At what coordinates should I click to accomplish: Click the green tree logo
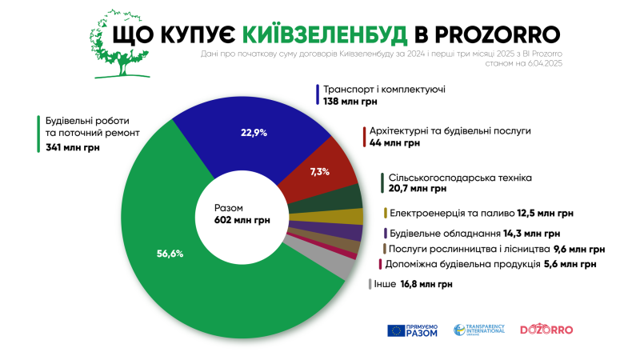pos(122,46)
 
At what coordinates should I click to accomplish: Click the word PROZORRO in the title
pos(496,34)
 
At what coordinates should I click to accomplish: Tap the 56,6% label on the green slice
pos(170,254)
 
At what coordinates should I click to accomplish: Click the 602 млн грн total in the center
pos(242,218)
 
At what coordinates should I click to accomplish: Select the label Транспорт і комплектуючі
pos(383,90)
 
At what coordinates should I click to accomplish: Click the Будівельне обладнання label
pos(441,234)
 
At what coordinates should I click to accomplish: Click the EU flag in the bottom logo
pos(396,330)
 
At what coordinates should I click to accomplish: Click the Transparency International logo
pos(479,330)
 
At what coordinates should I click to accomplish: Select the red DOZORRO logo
pos(547,329)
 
